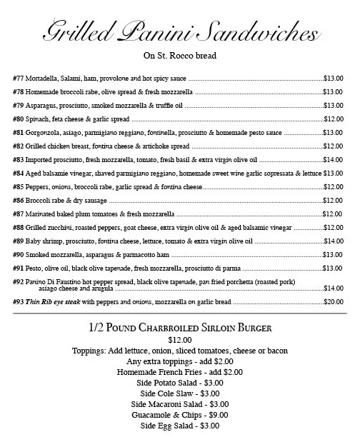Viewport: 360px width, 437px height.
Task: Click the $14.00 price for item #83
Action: pos(334,159)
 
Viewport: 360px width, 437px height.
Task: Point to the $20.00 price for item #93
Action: pos(334,301)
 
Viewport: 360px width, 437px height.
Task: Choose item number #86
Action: pos(20,200)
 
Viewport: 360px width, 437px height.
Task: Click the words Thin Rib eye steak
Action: pos(54,301)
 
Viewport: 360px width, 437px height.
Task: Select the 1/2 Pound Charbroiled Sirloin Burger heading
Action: pos(180,328)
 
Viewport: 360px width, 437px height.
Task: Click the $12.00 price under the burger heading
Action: pos(180,340)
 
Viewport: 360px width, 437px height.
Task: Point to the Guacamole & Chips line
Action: pos(180,415)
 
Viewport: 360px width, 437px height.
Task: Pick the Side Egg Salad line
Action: pos(180,426)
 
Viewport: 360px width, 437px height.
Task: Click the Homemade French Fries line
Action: pos(180,372)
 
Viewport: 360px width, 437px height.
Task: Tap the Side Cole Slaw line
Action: pos(180,393)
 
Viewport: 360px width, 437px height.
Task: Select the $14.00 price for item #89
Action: pos(334,241)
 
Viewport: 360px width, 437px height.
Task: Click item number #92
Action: pos(20,281)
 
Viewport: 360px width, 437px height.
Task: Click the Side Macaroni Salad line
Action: pos(180,404)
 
